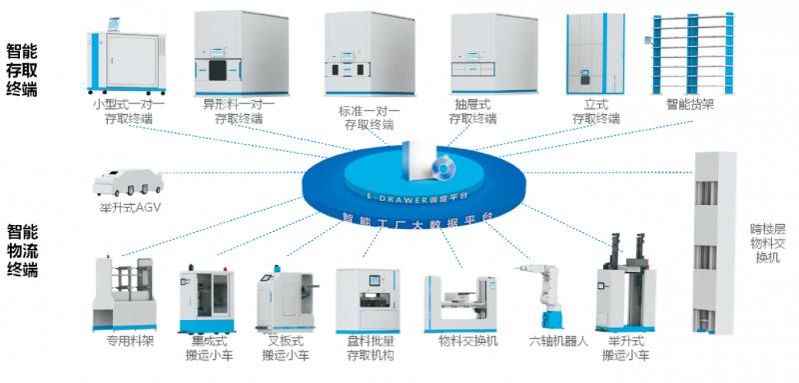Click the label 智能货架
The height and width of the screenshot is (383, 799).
click(689, 103)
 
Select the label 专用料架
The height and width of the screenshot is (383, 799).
click(124, 341)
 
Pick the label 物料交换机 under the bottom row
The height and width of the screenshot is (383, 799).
click(465, 341)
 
